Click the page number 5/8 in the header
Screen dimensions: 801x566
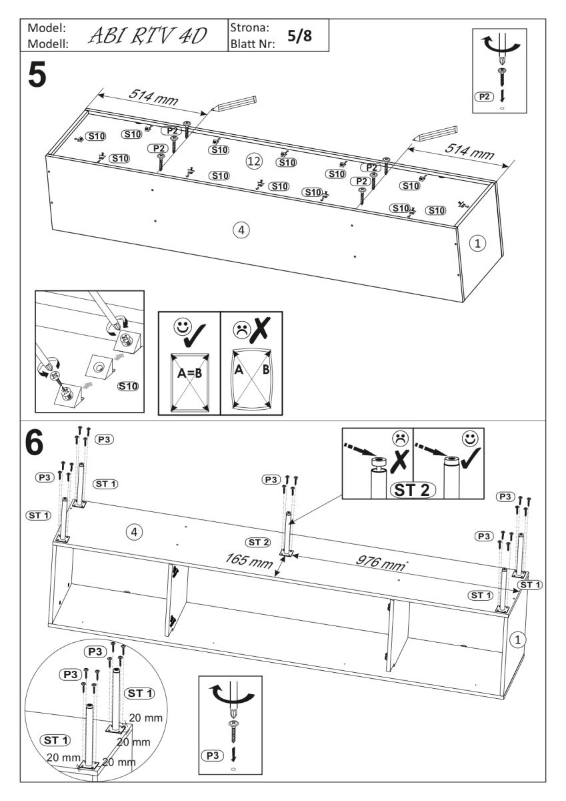[x=299, y=35]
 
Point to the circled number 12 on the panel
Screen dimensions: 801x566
[x=252, y=160]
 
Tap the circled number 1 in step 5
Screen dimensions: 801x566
[x=475, y=244]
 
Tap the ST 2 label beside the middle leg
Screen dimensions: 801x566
[x=258, y=541]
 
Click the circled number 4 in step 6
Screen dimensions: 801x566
[x=135, y=532]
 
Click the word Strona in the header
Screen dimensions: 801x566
[x=248, y=29]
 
